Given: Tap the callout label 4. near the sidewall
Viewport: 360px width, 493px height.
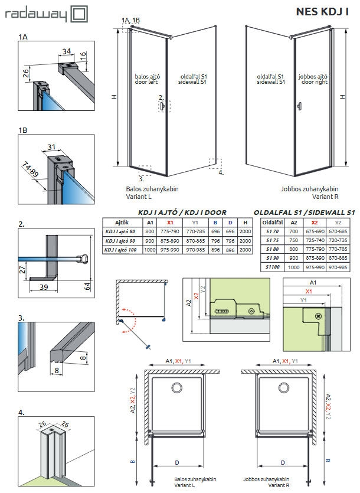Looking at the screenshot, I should point(221,172).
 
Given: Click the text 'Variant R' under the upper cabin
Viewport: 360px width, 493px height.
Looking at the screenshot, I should point(323,196).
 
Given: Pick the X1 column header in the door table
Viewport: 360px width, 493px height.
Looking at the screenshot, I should point(170,223).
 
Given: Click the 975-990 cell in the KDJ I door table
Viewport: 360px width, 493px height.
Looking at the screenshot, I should point(170,250).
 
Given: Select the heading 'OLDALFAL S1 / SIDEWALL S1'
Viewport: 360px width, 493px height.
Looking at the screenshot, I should point(304,212).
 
